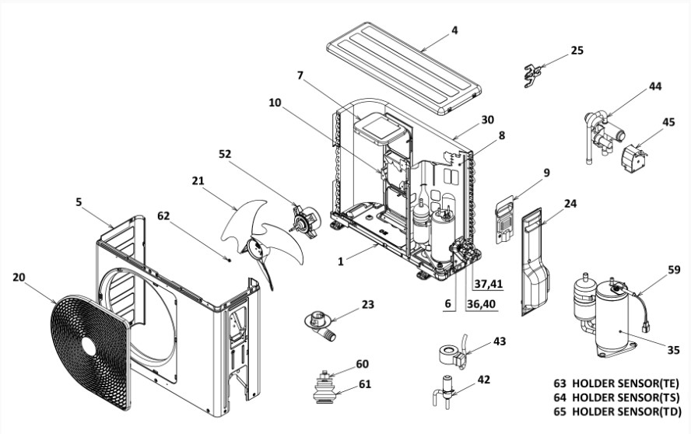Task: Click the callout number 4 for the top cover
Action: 454,30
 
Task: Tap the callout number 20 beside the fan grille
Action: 19,277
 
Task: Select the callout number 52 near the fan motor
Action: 225,155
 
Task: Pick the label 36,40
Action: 482,304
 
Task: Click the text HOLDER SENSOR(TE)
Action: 626,383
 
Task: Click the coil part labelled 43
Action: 452,356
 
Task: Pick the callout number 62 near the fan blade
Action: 163,215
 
